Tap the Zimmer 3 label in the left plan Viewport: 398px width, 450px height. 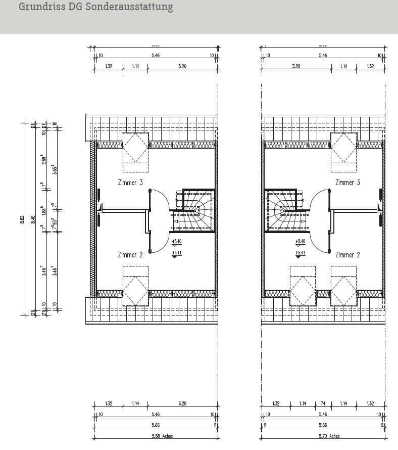(x=130, y=183)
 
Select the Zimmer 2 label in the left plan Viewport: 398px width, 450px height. (x=130, y=255)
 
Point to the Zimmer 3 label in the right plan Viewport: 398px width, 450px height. (x=347, y=183)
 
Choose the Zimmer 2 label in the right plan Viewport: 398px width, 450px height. (x=347, y=255)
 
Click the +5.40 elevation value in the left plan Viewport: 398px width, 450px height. (x=176, y=242)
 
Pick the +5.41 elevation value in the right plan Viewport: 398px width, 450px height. (x=300, y=253)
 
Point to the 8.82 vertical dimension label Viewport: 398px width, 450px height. (x=22, y=218)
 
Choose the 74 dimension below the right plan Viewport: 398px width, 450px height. (x=323, y=403)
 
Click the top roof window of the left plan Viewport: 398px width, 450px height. (x=135, y=147)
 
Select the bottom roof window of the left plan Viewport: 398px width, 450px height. (x=135, y=290)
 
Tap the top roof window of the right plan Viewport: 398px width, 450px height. (x=343, y=147)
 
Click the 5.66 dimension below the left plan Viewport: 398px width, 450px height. (x=155, y=425)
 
